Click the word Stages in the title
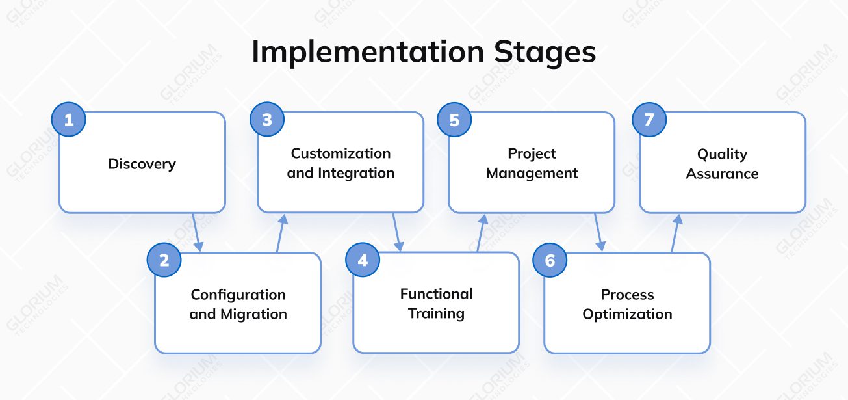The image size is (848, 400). point(545,52)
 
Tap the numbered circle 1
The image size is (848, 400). point(68,120)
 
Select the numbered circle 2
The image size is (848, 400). point(164,260)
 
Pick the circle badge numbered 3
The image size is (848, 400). point(267,120)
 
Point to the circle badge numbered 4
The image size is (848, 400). point(363,260)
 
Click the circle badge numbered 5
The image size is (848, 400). point(454,120)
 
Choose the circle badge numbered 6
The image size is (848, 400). point(550,260)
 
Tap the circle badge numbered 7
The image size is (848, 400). point(649,120)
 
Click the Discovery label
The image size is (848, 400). point(142,164)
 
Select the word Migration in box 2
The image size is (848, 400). point(253,314)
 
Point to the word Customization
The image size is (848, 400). point(340,153)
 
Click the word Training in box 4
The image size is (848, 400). point(436,313)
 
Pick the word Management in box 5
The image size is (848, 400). point(532,174)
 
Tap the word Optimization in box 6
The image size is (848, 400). point(627,314)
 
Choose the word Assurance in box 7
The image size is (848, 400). point(722,174)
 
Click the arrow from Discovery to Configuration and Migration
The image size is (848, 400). point(197,232)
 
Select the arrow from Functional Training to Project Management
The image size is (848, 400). point(482,232)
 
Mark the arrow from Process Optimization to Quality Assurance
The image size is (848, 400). point(675,232)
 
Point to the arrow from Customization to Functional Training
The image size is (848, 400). point(396,232)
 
